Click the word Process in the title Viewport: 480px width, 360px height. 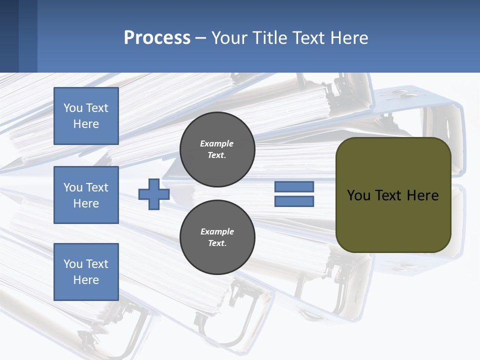pyautogui.click(x=157, y=38)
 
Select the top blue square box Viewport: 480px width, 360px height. pyautogui.click(x=86, y=116)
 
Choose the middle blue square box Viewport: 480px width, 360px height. pyautogui.click(x=86, y=195)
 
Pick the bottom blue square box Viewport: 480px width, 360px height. pyautogui.click(x=86, y=272)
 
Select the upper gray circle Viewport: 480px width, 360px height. pyautogui.click(x=217, y=149)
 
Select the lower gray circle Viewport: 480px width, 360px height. pyautogui.click(x=217, y=237)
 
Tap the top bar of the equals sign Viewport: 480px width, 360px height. pyautogui.click(x=294, y=187)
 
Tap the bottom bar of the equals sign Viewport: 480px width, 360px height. pyautogui.click(x=294, y=201)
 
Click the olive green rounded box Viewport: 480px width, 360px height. pyautogui.click(x=393, y=220)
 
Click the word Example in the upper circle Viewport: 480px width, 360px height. pyautogui.click(x=216, y=143)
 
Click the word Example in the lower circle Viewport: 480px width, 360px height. pyautogui.click(x=217, y=231)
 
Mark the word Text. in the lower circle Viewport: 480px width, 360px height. pyautogui.click(x=217, y=243)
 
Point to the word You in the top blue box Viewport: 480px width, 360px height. pyautogui.click(x=73, y=108)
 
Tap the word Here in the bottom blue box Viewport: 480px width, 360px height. pyautogui.click(x=86, y=280)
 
